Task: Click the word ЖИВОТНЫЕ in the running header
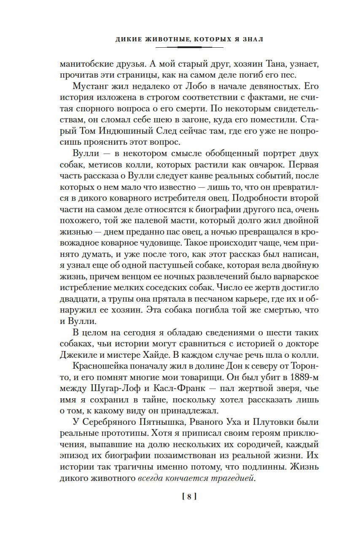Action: tap(158, 39)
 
